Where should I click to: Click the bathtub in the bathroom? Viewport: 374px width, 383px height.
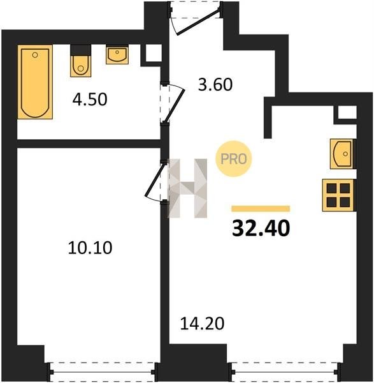[35, 82]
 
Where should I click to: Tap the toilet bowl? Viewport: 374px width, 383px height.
[81, 66]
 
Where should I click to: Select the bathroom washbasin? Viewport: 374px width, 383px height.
[117, 56]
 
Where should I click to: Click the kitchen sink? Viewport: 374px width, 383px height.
[342, 154]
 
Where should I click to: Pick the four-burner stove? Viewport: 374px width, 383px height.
[338, 195]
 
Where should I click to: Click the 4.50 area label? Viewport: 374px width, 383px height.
[90, 100]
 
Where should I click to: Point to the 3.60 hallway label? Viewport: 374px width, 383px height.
[215, 84]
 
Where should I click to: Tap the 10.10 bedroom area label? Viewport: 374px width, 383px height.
[90, 248]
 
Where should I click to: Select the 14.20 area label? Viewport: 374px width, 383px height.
[202, 324]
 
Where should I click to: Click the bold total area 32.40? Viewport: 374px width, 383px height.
[261, 228]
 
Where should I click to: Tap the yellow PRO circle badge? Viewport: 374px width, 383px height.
[234, 159]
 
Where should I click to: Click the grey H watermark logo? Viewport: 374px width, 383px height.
[187, 188]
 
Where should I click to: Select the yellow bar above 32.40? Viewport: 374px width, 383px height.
[261, 209]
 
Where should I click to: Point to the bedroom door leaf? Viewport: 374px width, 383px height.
[154, 180]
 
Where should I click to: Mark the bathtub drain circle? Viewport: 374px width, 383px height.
[35, 55]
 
